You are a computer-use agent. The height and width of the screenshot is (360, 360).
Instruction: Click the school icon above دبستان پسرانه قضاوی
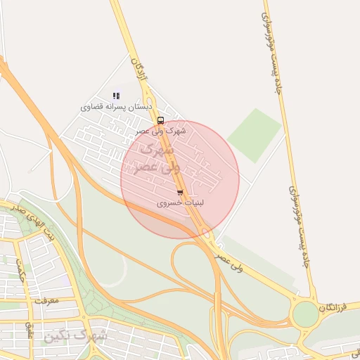[x=116, y=96]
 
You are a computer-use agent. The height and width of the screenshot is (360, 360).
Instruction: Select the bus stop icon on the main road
[x=160, y=120]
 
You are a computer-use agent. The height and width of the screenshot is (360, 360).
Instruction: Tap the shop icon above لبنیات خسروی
[x=180, y=192]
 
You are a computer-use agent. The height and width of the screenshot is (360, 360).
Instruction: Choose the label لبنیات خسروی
[x=179, y=202]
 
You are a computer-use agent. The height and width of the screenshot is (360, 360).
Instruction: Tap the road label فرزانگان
[x=333, y=307]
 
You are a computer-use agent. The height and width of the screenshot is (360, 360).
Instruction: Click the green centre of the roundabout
[x=305, y=314]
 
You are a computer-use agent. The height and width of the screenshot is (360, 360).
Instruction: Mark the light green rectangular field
[x=255, y=134]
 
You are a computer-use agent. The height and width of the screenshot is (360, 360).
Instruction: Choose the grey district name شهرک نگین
[x=76, y=335]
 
